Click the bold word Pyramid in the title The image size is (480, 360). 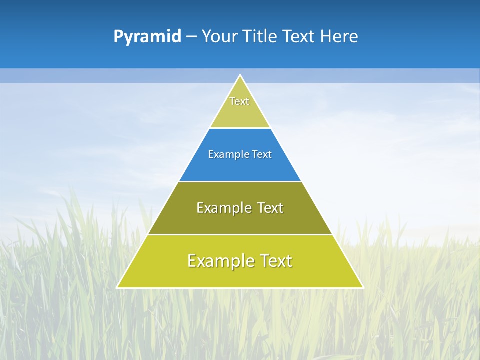pyautogui.click(x=147, y=37)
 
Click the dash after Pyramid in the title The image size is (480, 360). pyautogui.click(x=191, y=37)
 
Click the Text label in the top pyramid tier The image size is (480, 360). pyautogui.click(x=239, y=101)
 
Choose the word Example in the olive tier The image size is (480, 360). pyautogui.click(x=222, y=208)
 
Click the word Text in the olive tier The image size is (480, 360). pyautogui.click(x=270, y=208)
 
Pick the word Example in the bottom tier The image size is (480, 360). pyautogui.click(x=220, y=261)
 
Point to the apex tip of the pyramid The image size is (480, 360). pyautogui.click(x=240, y=75)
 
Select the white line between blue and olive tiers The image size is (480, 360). pyautogui.click(x=240, y=181)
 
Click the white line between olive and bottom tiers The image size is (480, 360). pyautogui.click(x=240, y=234)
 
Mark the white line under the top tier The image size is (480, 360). pyautogui.click(x=240, y=128)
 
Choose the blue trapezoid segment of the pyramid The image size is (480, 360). pyautogui.click(x=240, y=167)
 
